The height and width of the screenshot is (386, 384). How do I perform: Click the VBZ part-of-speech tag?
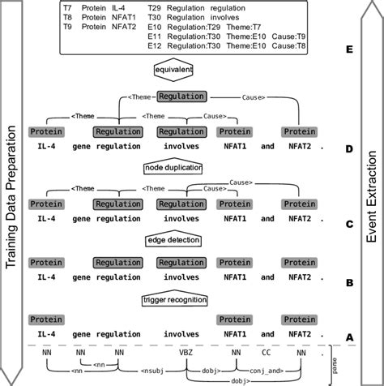[x=186, y=353]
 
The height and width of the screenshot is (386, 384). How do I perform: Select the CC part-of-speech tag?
[x=268, y=353]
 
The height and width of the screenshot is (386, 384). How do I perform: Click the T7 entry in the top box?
[x=68, y=7]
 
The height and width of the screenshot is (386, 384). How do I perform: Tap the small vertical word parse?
[x=334, y=362]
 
